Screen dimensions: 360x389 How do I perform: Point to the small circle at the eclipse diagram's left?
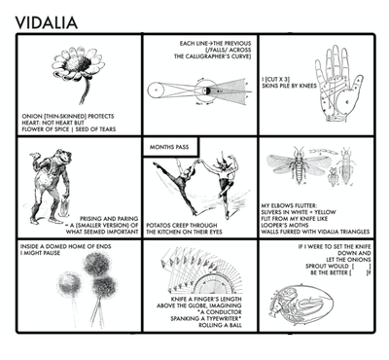tap(155, 91)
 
